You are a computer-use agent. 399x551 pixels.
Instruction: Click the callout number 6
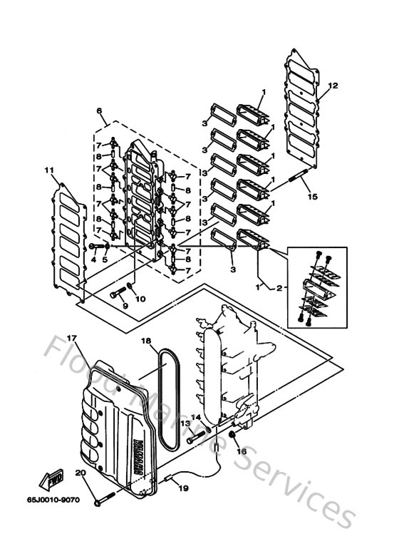[x=99, y=111]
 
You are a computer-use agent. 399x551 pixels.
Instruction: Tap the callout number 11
[x=48, y=170]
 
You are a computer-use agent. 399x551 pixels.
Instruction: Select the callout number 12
[x=332, y=86]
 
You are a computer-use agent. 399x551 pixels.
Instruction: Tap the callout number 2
[x=279, y=288]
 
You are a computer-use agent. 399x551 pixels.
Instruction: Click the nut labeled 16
[x=233, y=436]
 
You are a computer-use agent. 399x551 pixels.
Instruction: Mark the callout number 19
[x=183, y=488]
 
